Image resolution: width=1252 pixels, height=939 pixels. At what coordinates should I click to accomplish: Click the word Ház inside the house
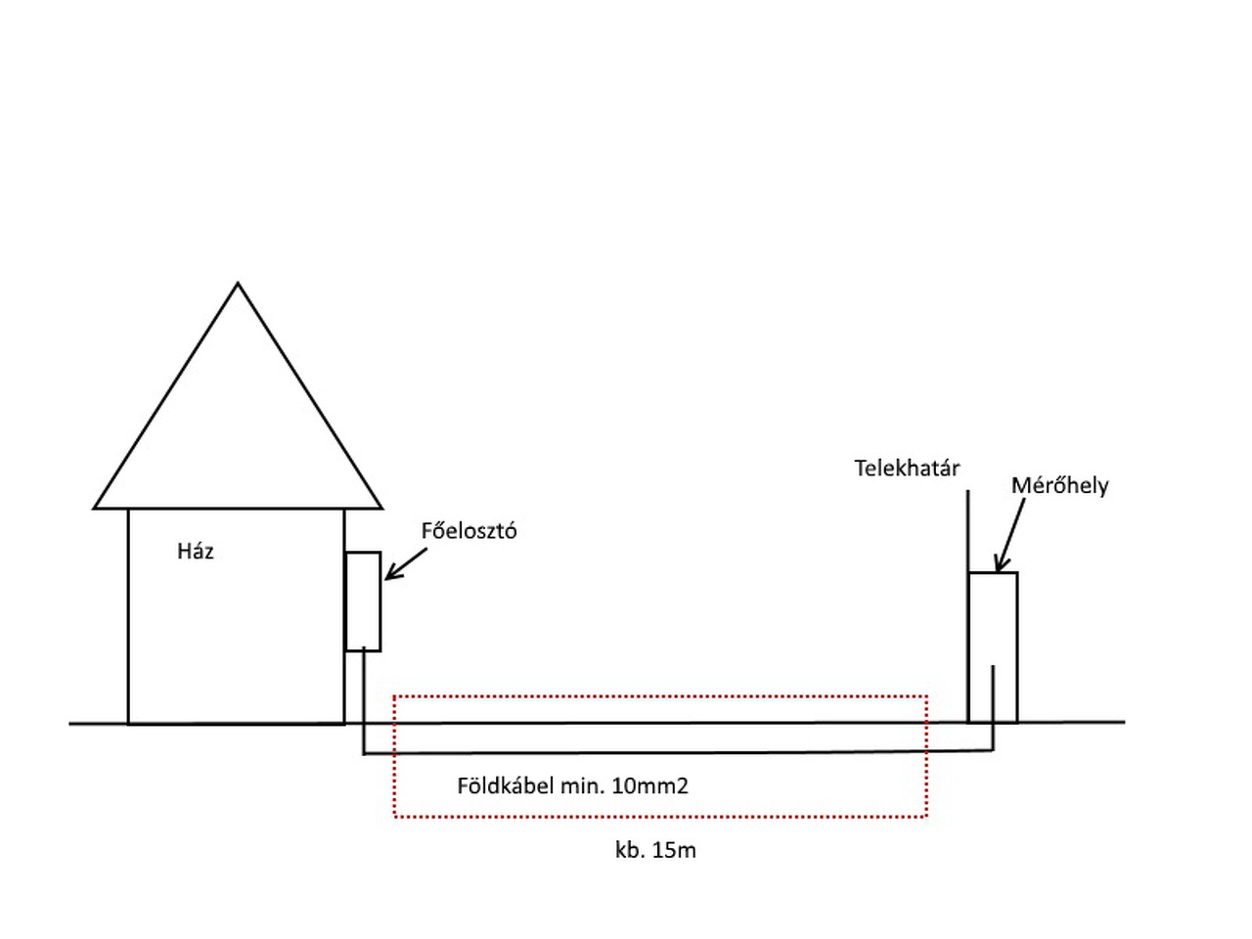tap(196, 552)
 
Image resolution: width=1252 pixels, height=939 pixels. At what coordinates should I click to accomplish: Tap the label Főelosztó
tap(469, 532)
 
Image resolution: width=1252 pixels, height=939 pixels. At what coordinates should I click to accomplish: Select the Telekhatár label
tap(907, 469)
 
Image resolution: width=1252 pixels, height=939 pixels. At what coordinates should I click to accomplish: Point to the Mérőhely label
tap(1059, 486)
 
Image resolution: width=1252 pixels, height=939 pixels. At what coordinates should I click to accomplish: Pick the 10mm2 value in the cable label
tap(649, 785)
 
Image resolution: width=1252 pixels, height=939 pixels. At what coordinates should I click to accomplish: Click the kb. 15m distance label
tap(655, 850)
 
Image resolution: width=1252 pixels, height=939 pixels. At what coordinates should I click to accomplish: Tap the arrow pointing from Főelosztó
tap(406, 564)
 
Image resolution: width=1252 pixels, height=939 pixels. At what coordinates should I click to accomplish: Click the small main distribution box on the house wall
tap(363, 602)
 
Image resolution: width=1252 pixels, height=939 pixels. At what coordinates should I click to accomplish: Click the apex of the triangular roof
tap(238, 285)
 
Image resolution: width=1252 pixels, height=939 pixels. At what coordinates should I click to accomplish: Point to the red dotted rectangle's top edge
tap(660, 696)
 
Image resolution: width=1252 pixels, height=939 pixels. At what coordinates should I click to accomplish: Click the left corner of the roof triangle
tap(96, 508)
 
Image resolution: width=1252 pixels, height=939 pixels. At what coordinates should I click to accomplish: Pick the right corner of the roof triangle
tap(380, 508)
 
